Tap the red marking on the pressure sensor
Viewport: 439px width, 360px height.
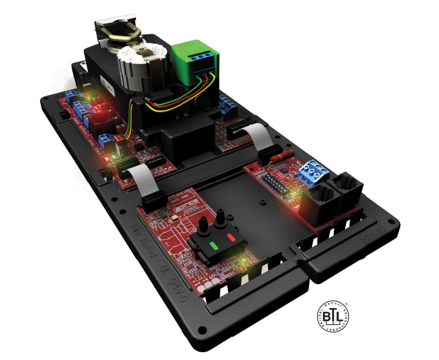(231, 237)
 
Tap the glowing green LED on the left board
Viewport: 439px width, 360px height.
(110, 158)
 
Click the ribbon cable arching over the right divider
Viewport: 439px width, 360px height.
(261, 139)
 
